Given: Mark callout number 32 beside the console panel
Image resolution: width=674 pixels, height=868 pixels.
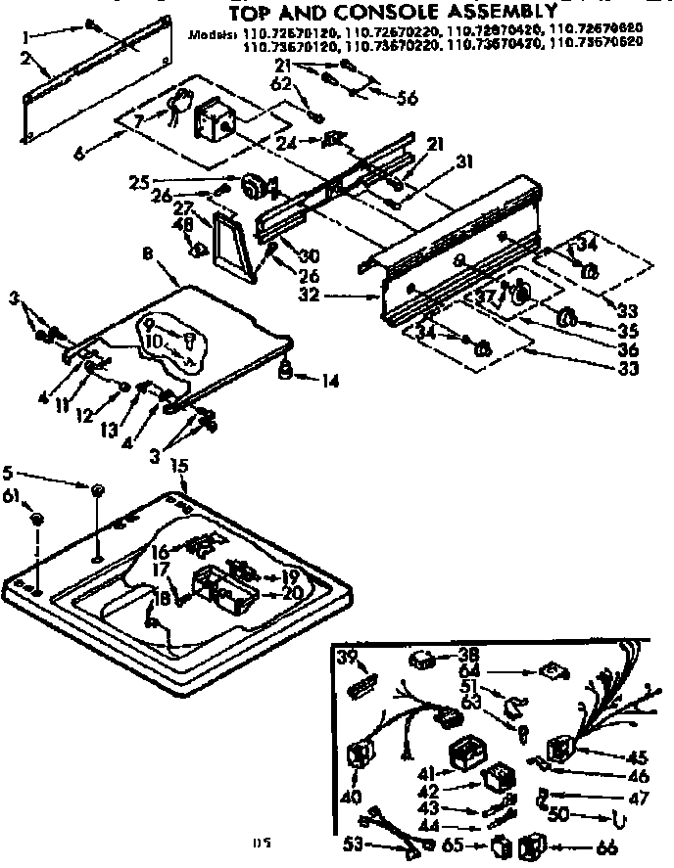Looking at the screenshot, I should point(336,293).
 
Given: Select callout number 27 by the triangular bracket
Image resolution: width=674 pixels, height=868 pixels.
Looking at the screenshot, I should point(183,207).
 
